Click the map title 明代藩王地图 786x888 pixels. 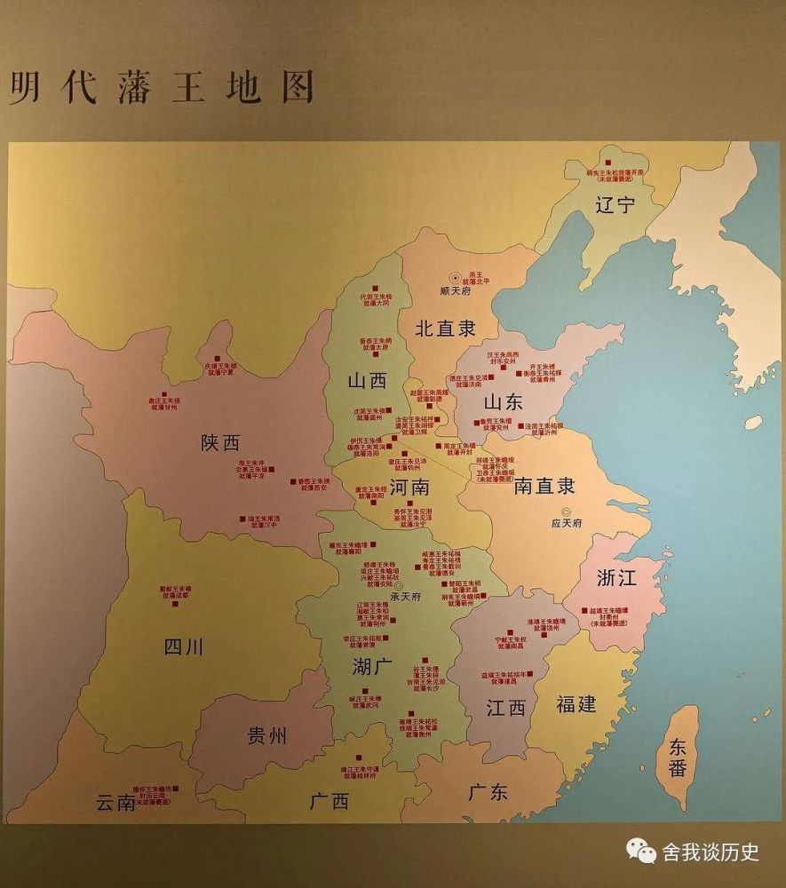[x=163, y=88]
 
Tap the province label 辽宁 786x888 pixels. [x=615, y=206]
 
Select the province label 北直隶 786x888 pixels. [x=445, y=327]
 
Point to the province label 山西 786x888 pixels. [x=367, y=381]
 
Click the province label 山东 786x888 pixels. [x=504, y=402]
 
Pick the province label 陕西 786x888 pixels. [x=220, y=443]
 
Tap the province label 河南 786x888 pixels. [x=409, y=488]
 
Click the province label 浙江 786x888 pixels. [x=617, y=578]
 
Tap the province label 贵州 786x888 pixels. [x=266, y=736]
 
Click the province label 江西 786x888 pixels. [x=506, y=708]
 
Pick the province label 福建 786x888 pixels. [x=576, y=704]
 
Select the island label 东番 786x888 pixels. [x=679, y=757]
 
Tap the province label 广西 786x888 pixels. [x=329, y=801]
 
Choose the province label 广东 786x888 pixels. [x=488, y=791]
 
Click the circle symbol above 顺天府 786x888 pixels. [x=455, y=278]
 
